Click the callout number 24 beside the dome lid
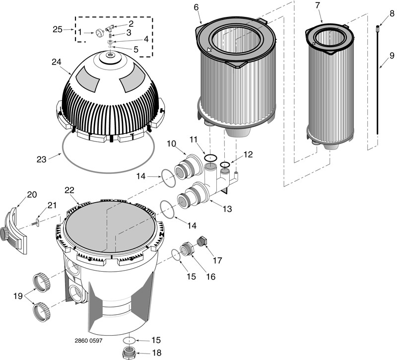57,62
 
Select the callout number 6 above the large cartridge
196,7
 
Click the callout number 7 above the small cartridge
318,5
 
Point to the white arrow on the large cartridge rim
210,49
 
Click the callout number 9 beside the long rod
392,56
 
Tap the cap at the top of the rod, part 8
378,27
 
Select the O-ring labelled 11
210,157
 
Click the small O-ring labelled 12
225,164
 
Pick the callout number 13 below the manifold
227,209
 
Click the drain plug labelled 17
202,241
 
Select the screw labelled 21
36,223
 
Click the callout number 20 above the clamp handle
32,195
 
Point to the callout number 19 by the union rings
18,296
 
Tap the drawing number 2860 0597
89,341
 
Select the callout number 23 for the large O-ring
42,159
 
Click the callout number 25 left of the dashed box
58,29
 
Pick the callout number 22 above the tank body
69,191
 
